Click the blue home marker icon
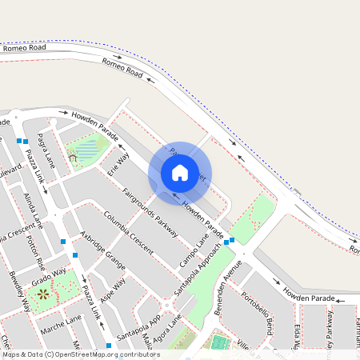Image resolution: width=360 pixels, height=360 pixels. pyautogui.click(x=180, y=172)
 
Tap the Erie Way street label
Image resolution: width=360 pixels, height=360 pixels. pyautogui.click(x=118, y=165)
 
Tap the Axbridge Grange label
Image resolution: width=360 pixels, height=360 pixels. pyautogui.click(x=103, y=250)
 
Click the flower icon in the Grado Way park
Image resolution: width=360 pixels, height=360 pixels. pyautogui.click(x=42, y=294)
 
